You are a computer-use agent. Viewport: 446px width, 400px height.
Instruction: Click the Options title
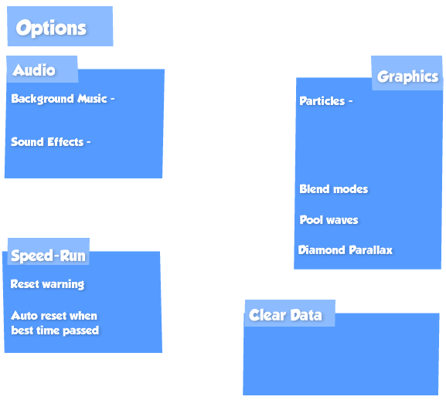[51, 29]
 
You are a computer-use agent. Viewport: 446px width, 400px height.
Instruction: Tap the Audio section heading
[34, 70]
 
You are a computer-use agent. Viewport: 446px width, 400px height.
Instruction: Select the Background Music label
[59, 99]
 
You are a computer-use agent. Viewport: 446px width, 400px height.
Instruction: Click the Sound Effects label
[47, 142]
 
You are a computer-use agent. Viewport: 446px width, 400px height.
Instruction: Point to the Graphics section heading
[407, 77]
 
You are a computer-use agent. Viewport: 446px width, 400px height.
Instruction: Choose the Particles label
[322, 101]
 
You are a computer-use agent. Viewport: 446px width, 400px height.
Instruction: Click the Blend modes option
[334, 189]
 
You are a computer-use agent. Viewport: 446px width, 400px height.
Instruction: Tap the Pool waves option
[329, 220]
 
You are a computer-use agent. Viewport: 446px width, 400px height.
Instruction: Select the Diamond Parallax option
[346, 250]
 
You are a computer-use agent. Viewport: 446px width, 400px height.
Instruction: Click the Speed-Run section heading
[48, 256]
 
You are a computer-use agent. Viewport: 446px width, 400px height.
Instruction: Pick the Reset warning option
[47, 284]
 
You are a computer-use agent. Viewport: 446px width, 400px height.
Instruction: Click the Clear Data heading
[285, 315]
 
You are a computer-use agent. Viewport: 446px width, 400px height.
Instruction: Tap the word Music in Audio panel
[93, 99]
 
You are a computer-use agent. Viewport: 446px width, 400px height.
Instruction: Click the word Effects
[66, 142]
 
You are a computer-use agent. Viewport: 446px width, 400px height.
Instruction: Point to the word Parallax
[370, 250]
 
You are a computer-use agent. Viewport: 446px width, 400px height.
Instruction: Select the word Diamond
[322, 250]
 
